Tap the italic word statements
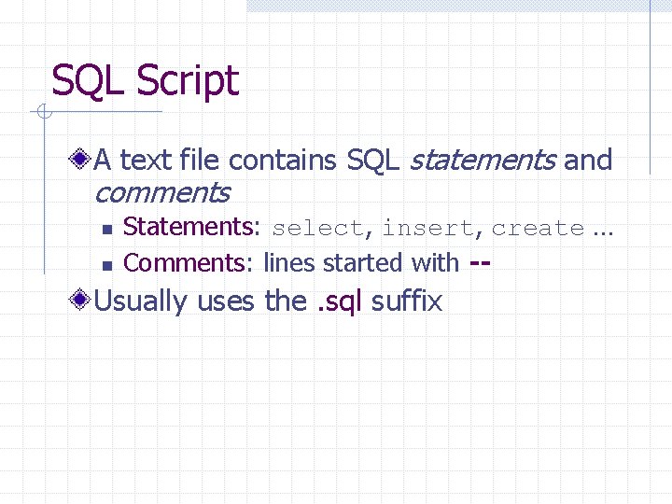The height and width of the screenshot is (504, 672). point(483,161)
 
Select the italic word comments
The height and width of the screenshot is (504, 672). point(161,193)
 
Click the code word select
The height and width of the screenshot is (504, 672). point(316,229)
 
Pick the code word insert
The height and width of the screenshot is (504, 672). point(427,229)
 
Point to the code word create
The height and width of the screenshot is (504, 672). point(538,229)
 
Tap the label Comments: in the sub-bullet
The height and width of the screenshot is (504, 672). point(189,263)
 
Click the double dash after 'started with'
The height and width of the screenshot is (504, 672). point(480,263)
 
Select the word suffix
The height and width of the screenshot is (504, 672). point(406,301)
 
